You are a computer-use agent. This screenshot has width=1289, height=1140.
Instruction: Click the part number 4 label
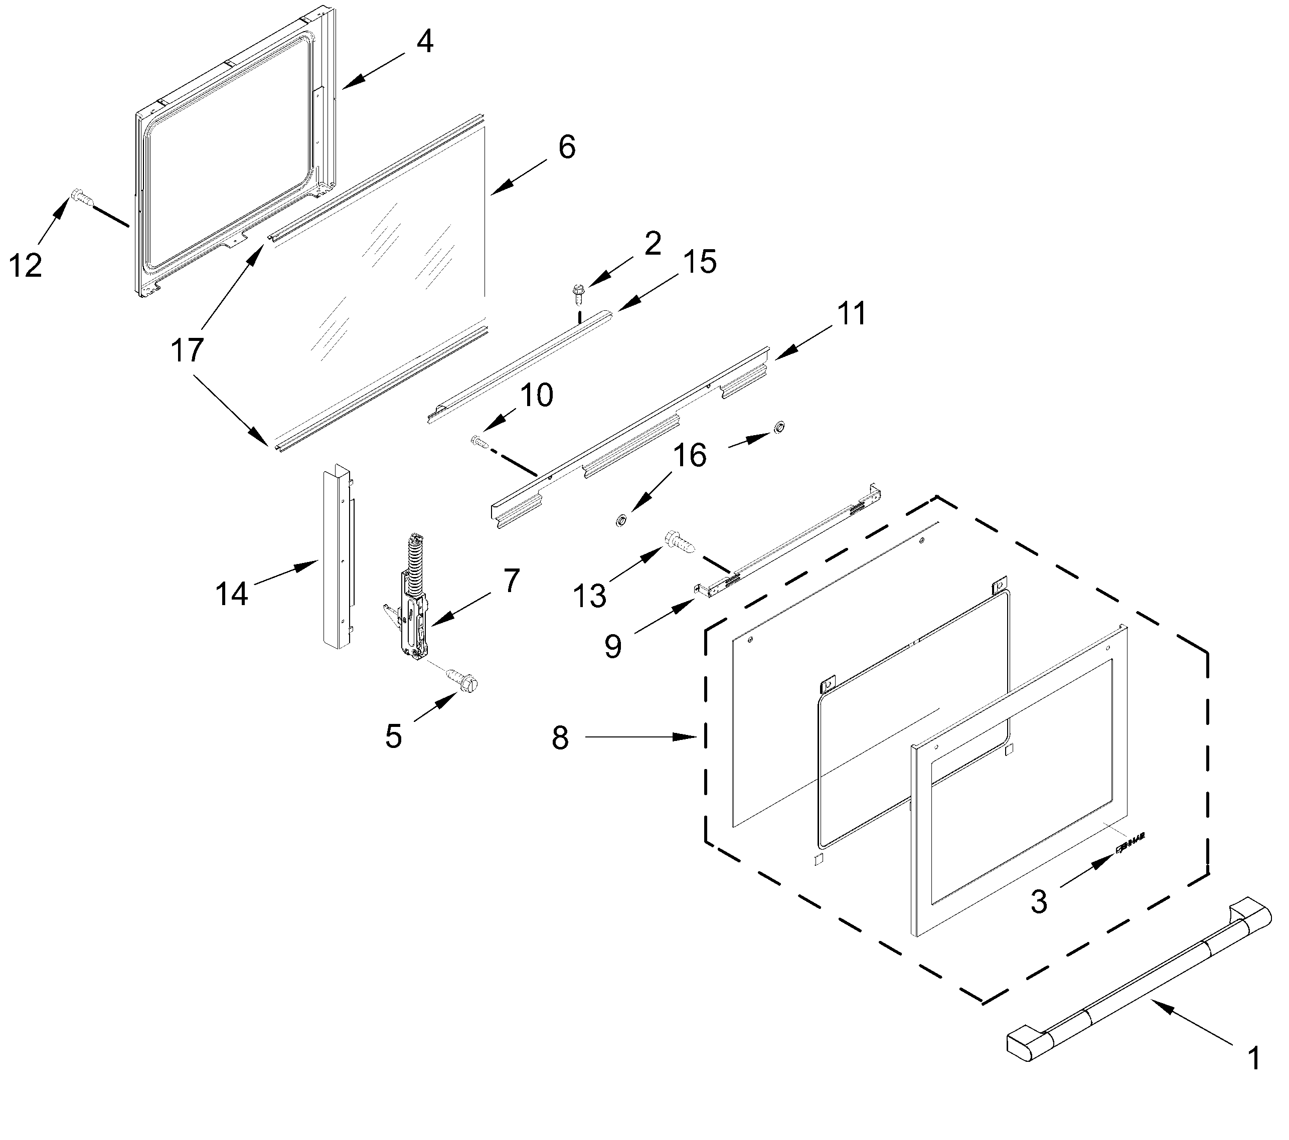pyautogui.click(x=425, y=42)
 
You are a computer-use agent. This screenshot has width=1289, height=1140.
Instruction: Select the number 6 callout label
pyautogui.click(x=566, y=147)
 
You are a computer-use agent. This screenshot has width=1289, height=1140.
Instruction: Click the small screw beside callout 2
pyautogui.click(x=577, y=292)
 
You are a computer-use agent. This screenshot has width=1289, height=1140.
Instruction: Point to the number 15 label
pyautogui.click(x=699, y=262)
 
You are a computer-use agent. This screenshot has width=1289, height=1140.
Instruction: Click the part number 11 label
pyautogui.click(x=851, y=313)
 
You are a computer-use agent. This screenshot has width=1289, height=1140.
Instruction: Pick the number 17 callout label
pyautogui.click(x=187, y=350)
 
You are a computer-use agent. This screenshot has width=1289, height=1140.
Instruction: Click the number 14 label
pyautogui.click(x=231, y=594)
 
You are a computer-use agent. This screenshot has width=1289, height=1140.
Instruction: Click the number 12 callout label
pyautogui.click(x=25, y=265)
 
